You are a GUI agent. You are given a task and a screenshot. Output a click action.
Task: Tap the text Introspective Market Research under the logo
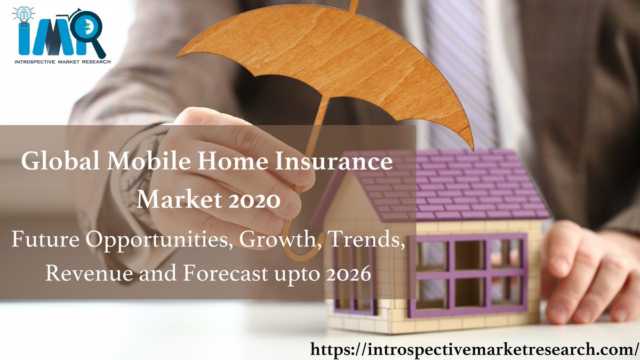pyautogui.click(x=61, y=62)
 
